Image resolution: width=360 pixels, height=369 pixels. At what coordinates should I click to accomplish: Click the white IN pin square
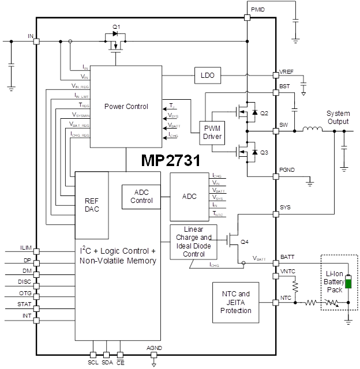(37, 41)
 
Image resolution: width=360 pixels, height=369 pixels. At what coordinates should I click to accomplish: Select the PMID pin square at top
(247, 18)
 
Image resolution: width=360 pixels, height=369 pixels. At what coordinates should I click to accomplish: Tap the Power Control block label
(126, 107)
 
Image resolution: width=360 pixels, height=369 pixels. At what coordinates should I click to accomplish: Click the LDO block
(206, 76)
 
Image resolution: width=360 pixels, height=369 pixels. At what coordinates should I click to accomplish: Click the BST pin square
(276, 93)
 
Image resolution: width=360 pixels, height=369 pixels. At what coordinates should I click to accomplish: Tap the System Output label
(338, 118)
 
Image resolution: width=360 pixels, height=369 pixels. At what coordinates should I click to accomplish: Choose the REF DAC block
(92, 205)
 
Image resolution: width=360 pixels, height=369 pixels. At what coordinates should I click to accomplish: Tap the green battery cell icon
(348, 282)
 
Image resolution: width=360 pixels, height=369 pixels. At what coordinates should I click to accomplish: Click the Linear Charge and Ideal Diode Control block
(193, 242)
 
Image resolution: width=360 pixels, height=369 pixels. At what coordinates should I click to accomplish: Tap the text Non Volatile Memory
(118, 261)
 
